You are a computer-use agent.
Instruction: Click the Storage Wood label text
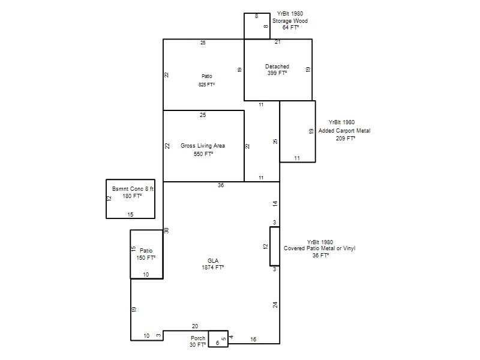[x=290, y=21]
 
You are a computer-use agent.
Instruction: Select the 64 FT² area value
[x=290, y=27]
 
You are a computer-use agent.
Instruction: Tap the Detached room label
[x=277, y=66]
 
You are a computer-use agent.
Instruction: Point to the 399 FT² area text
[x=277, y=73]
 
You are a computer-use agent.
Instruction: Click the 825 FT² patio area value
[x=206, y=85]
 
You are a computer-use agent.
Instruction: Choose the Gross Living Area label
[x=203, y=146]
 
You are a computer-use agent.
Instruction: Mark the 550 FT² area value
[x=203, y=154]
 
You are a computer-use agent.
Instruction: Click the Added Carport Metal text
[x=344, y=131]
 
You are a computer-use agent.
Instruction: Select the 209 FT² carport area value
[x=346, y=139]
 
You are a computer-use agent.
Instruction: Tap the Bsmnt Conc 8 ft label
[x=133, y=189]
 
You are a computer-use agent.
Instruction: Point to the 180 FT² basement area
[x=132, y=196]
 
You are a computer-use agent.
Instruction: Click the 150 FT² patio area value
[x=146, y=258]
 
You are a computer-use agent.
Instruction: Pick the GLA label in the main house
[x=213, y=261]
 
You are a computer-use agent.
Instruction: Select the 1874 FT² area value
[x=213, y=267]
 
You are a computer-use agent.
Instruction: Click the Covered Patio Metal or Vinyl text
[x=319, y=248]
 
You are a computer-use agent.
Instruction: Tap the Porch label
[x=198, y=338]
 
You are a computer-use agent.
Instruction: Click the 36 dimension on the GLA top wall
[x=221, y=185]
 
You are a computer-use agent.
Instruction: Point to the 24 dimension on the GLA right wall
[x=275, y=305]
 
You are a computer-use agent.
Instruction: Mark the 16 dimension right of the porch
[x=253, y=339]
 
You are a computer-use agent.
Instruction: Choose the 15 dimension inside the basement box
[x=130, y=215]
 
